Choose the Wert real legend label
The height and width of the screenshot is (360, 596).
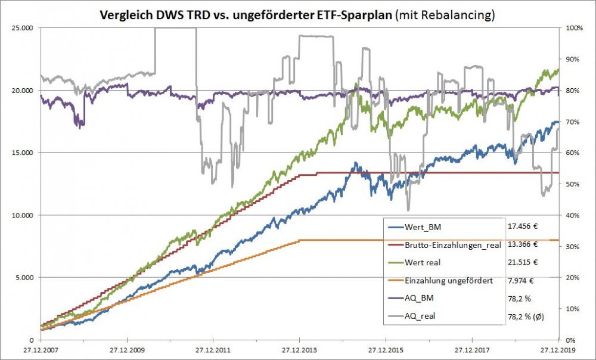point(423,263)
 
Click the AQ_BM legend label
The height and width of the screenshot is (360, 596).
point(421,299)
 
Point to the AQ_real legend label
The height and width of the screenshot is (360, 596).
point(421,316)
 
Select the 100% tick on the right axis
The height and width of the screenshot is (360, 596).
point(573,28)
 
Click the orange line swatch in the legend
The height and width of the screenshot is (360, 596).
point(395,281)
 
